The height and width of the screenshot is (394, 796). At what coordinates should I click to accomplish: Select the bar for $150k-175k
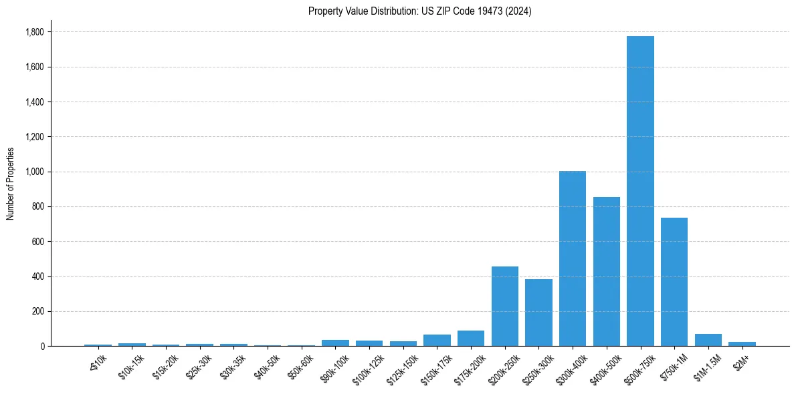(x=437, y=341)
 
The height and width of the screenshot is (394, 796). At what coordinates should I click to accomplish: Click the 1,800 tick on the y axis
(x=35, y=32)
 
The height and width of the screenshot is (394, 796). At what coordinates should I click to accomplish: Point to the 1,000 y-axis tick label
(x=35, y=172)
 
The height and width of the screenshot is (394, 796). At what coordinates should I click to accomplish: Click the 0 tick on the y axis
(x=43, y=346)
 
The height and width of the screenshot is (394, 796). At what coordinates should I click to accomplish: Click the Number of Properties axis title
(x=10, y=184)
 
